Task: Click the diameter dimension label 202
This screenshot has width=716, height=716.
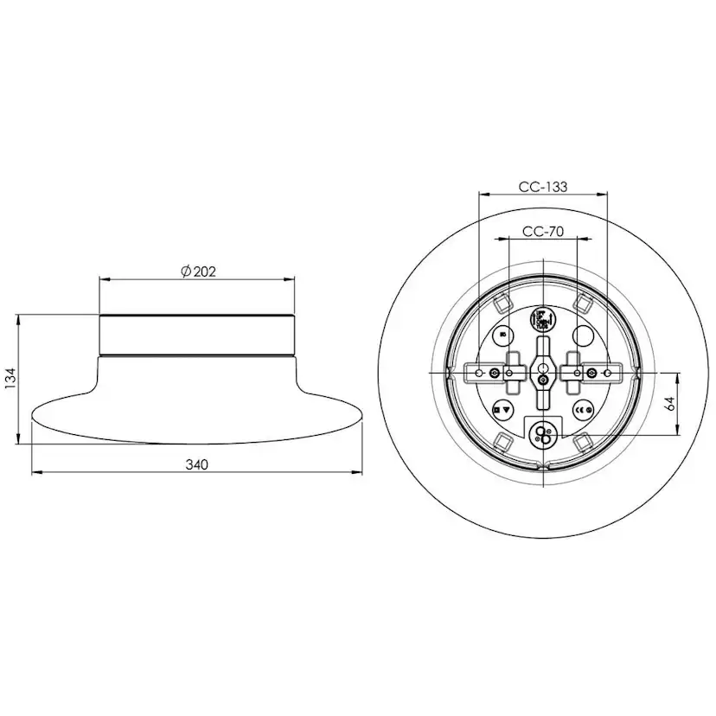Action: click(x=204, y=271)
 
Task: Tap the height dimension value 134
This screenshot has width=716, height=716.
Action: click(x=10, y=379)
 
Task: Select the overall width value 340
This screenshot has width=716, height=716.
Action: click(x=196, y=464)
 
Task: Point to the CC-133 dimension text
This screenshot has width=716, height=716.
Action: click(x=543, y=187)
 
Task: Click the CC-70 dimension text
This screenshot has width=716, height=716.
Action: click(x=543, y=231)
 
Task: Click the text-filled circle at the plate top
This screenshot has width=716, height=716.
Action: click(x=542, y=318)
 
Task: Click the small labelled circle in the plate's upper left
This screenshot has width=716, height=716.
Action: click(x=507, y=336)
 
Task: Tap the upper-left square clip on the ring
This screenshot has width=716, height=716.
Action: click(x=502, y=303)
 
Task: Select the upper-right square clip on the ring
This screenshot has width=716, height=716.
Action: click(x=583, y=303)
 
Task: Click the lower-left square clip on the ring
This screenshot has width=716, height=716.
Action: click(x=502, y=443)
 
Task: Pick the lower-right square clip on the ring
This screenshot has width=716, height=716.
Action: click(x=583, y=443)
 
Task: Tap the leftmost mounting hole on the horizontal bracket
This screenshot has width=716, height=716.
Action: click(x=478, y=373)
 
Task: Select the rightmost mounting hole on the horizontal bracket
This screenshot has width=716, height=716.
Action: click(x=607, y=373)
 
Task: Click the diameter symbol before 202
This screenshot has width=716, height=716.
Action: click(x=186, y=271)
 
